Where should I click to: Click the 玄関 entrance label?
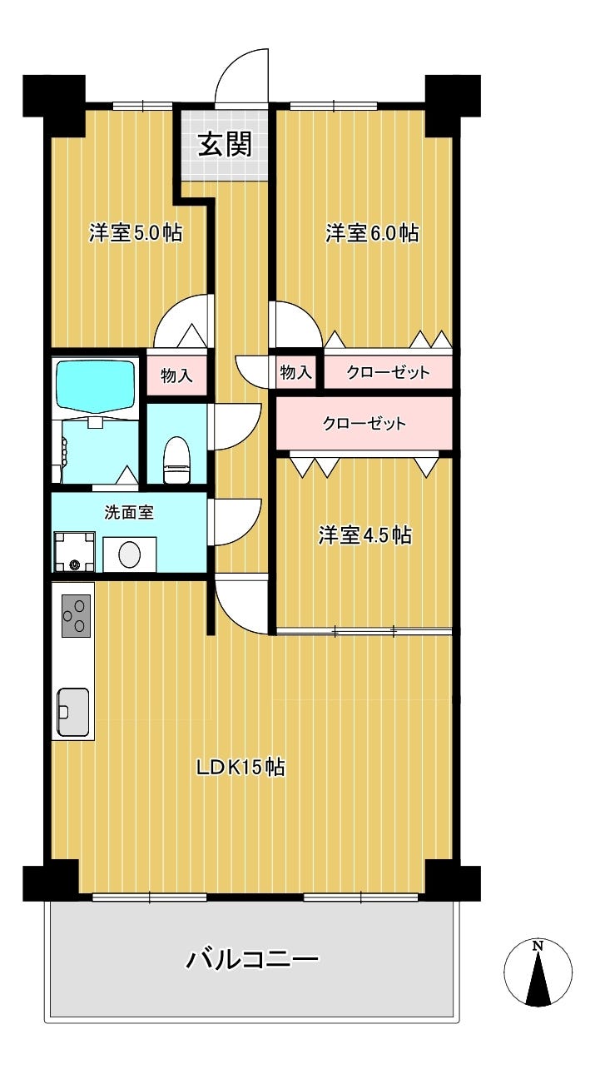click(225, 144)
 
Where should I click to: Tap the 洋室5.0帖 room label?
click(136, 233)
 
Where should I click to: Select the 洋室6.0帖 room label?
click(372, 233)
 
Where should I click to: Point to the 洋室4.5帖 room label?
click(364, 535)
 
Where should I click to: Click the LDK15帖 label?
click(240, 768)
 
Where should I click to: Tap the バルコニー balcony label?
click(252, 958)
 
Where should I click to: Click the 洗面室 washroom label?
click(129, 513)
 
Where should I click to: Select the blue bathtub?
click(96, 385)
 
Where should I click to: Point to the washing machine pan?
click(74, 551)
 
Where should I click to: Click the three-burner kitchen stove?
click(76, 615)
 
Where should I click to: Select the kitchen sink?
click(73, 712)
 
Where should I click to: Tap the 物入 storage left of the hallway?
click(176, 375)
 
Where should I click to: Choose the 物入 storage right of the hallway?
click(296, 372)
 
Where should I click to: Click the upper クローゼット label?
click(389, 372)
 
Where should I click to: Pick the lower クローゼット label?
click(364, 423)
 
